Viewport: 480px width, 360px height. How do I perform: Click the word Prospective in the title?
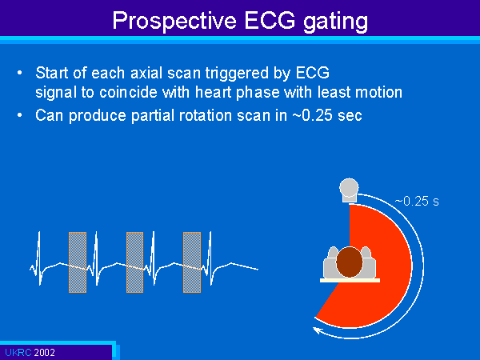coord(174,21)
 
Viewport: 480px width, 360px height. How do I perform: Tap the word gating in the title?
coord(335,22)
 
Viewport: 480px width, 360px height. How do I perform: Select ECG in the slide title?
coord(270,20)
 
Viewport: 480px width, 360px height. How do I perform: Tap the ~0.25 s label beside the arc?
coord(417,201)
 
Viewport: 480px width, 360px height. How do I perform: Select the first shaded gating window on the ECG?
coord(78,262)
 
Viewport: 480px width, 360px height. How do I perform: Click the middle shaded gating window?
coord(134,262)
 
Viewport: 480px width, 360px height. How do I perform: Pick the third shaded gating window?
coord(192,262)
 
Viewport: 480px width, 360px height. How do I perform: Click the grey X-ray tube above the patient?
coord(349,190)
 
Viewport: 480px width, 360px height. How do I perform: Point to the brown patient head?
coord(350,262)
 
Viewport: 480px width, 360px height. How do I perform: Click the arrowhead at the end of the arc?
coord(317,330)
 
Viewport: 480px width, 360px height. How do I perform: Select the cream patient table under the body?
coord(350,280)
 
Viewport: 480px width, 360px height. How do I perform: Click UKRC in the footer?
coord(18,352)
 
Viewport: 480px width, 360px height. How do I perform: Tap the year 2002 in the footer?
coord(44,352)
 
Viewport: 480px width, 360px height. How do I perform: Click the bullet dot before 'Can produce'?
coord(19,115)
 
